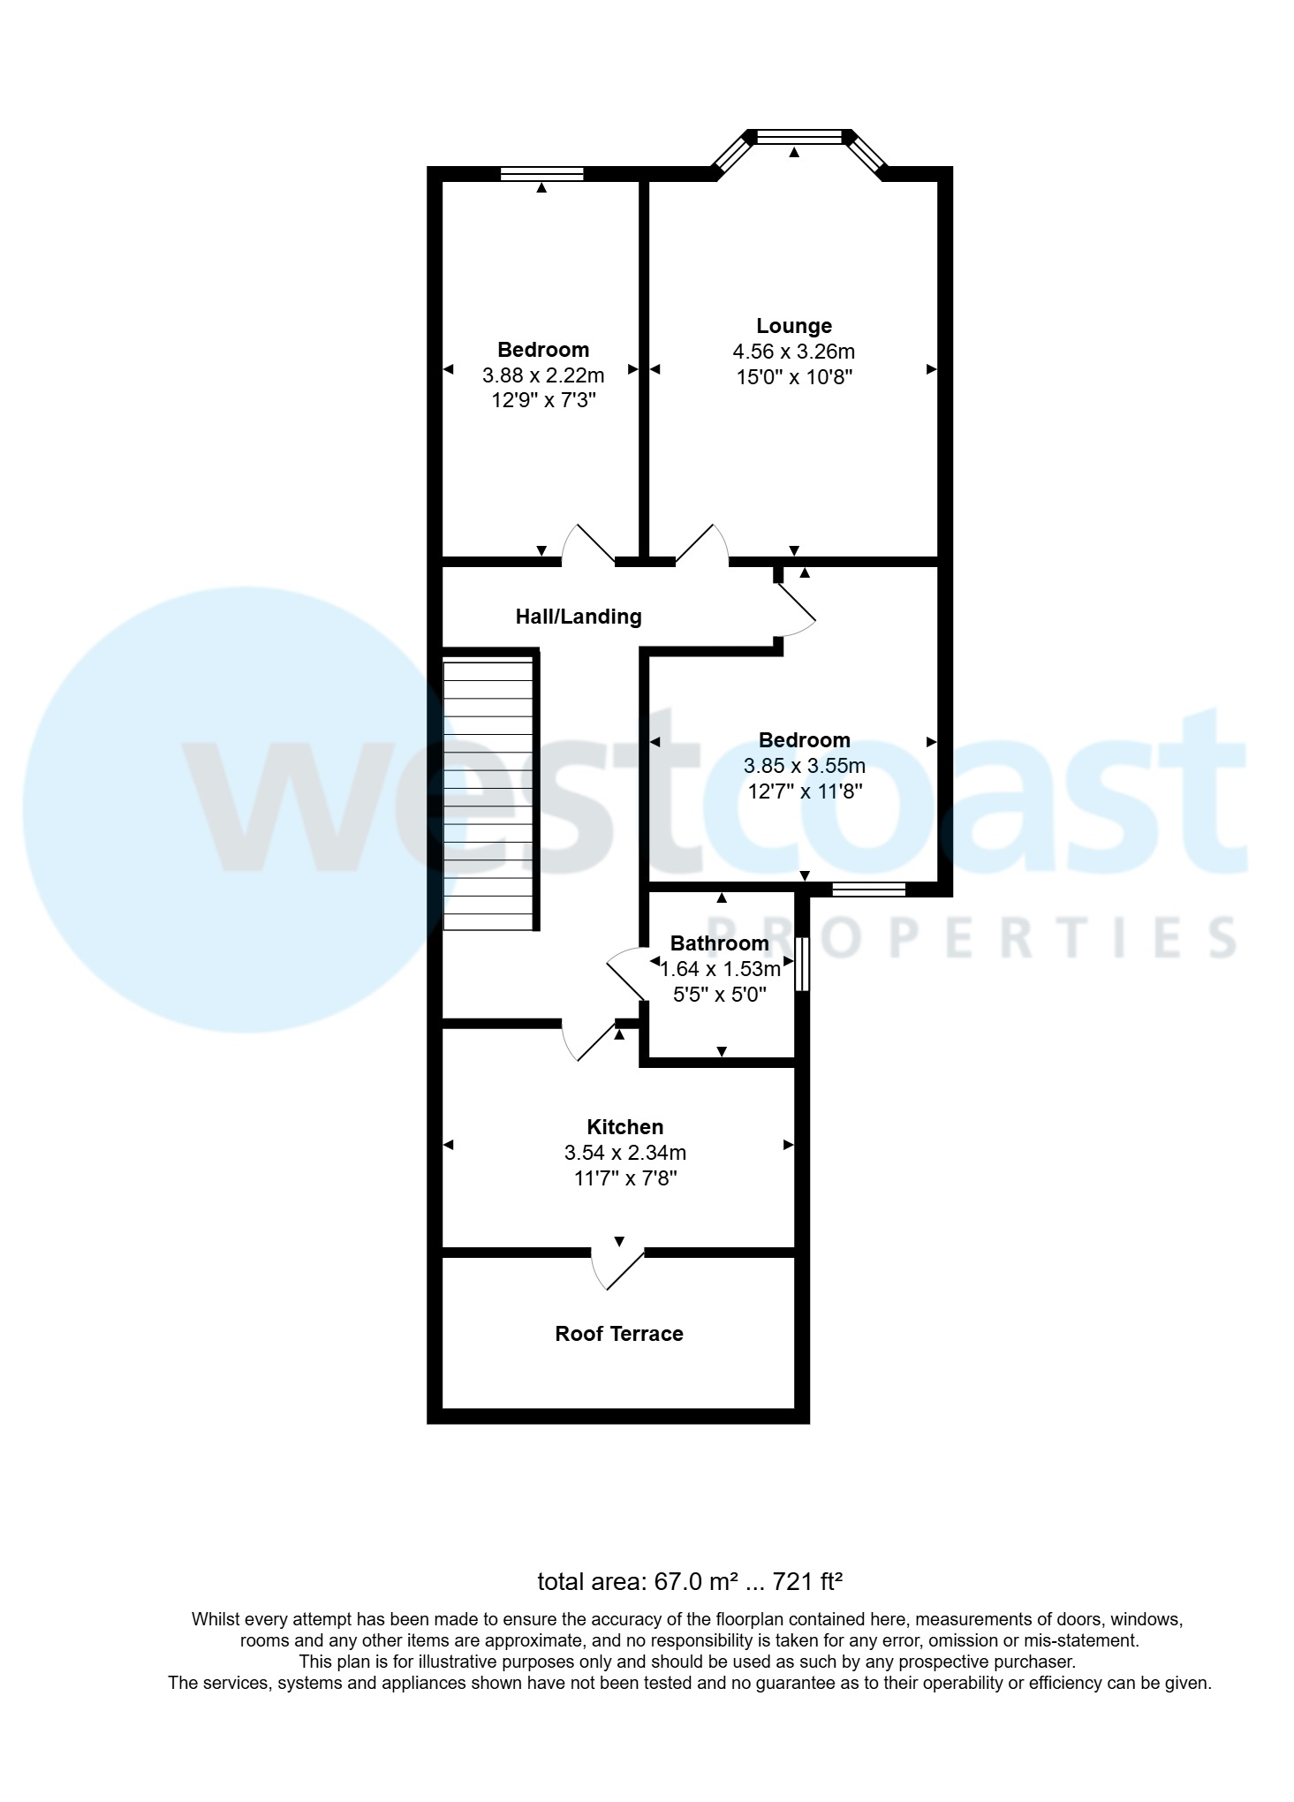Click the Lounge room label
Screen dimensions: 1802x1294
click(x=793, y=326)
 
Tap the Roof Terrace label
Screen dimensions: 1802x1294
click(x=618, y=1334)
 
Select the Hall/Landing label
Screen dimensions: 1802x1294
click(x=579, y=617)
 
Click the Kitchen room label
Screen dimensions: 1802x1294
click(x=624, y=1127)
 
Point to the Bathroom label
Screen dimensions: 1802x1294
click(x=719, y=943)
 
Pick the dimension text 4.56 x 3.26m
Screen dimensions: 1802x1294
click(x=793, y=352)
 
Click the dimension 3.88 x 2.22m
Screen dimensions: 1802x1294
click(x=542, y=375)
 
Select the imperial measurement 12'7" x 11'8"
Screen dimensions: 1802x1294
click(x=804, y=791)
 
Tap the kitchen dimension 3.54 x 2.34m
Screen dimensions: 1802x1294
click(x=624, y=1153)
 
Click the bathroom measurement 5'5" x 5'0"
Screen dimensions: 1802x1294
click(x=719, y=995)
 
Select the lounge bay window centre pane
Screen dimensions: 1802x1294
click(x=799, y=137)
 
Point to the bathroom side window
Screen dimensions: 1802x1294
click(x=801, y=964)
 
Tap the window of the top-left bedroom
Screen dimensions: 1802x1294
click(x=541, y=173)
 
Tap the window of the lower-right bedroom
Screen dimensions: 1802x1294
click(x=868, y=890)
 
